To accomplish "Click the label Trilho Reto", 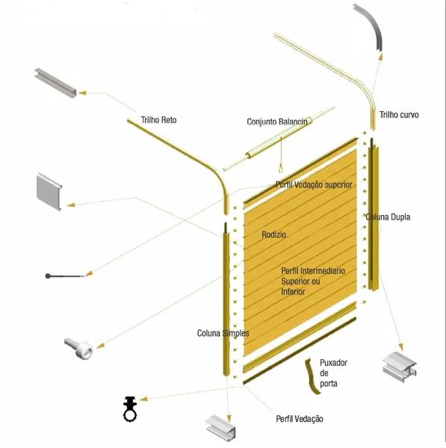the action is (x=158, y=120).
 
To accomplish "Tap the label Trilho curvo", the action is (x=399, y=115).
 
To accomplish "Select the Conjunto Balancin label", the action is (x=277, y=122).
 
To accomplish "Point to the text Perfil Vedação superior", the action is (x=314, y=185).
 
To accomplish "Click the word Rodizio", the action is (x=274, y=234).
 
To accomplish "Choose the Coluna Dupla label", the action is (x=388, y=217).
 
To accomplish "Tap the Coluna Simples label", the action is (x=223, y=333).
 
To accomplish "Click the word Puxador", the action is (x=334, y=363).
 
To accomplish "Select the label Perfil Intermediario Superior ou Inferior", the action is (x=313, y=281).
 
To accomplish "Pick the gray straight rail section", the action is (x=55, y=83).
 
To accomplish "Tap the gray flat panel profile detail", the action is (x=49, y=192).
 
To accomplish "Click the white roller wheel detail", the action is (x=78, y=348).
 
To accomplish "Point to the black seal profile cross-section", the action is (x=130, y=409).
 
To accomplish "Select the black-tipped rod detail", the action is (x=65, y=276).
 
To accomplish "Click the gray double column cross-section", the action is (x=400, y=367).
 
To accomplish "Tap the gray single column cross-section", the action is (x=221, y=428).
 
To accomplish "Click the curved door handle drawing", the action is (x=312, y=376).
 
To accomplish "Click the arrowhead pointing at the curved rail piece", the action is (x=380, y=57).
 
